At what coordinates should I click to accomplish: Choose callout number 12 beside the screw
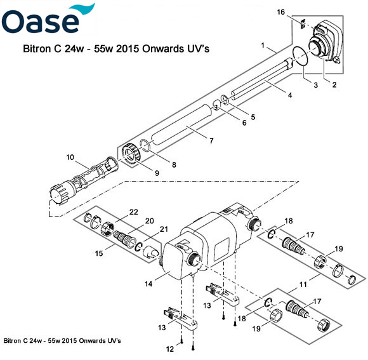169,348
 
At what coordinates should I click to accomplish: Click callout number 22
134,211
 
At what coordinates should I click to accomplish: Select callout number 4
289,95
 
